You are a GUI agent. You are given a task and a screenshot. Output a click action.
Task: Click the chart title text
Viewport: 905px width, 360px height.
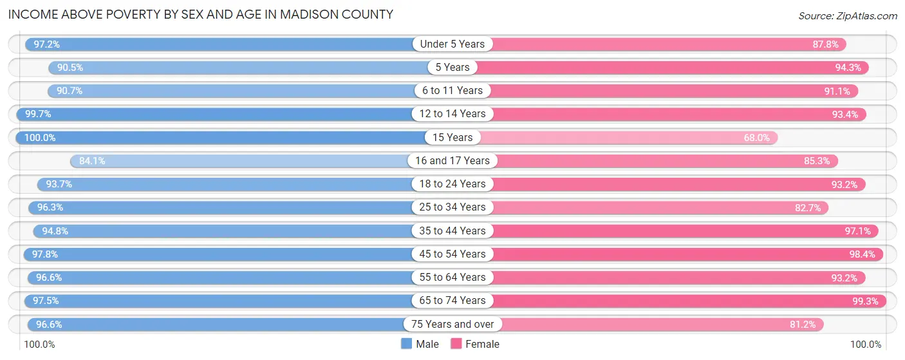click(200, 14)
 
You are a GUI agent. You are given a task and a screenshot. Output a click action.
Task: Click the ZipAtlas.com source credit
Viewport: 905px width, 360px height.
click(848, 15)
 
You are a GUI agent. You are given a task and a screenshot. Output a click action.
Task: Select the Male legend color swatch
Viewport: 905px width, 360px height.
click(407, 344)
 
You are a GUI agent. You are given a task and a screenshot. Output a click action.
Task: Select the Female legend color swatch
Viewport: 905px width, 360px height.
click(456, 344)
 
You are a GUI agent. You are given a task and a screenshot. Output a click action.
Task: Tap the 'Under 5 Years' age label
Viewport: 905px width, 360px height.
click(452, 44)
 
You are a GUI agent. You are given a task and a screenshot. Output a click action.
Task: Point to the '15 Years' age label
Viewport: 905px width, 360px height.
click(452, 137)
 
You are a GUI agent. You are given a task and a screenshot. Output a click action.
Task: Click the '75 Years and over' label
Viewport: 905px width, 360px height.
click(452, 324)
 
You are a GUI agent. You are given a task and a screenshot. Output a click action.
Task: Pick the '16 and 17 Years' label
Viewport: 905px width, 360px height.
click(452, 160)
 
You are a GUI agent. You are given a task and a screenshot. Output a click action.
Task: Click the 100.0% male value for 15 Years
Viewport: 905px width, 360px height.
click(39, 137)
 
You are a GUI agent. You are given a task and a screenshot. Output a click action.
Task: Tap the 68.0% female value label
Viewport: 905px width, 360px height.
click(756, 137)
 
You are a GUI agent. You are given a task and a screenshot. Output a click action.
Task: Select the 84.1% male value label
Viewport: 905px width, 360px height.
click(92, 160)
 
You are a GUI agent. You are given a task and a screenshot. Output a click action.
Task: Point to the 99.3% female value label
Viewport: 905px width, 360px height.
click(864, 301)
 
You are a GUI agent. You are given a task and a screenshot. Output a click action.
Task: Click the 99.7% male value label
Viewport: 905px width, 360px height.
click(38, 114)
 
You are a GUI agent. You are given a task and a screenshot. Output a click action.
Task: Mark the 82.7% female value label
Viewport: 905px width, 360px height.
click(807, 207)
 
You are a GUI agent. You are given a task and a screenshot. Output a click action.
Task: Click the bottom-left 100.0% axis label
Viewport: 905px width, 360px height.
click(39, 345)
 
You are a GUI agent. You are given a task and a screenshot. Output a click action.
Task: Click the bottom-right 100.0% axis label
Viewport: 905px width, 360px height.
click(866, 345)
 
